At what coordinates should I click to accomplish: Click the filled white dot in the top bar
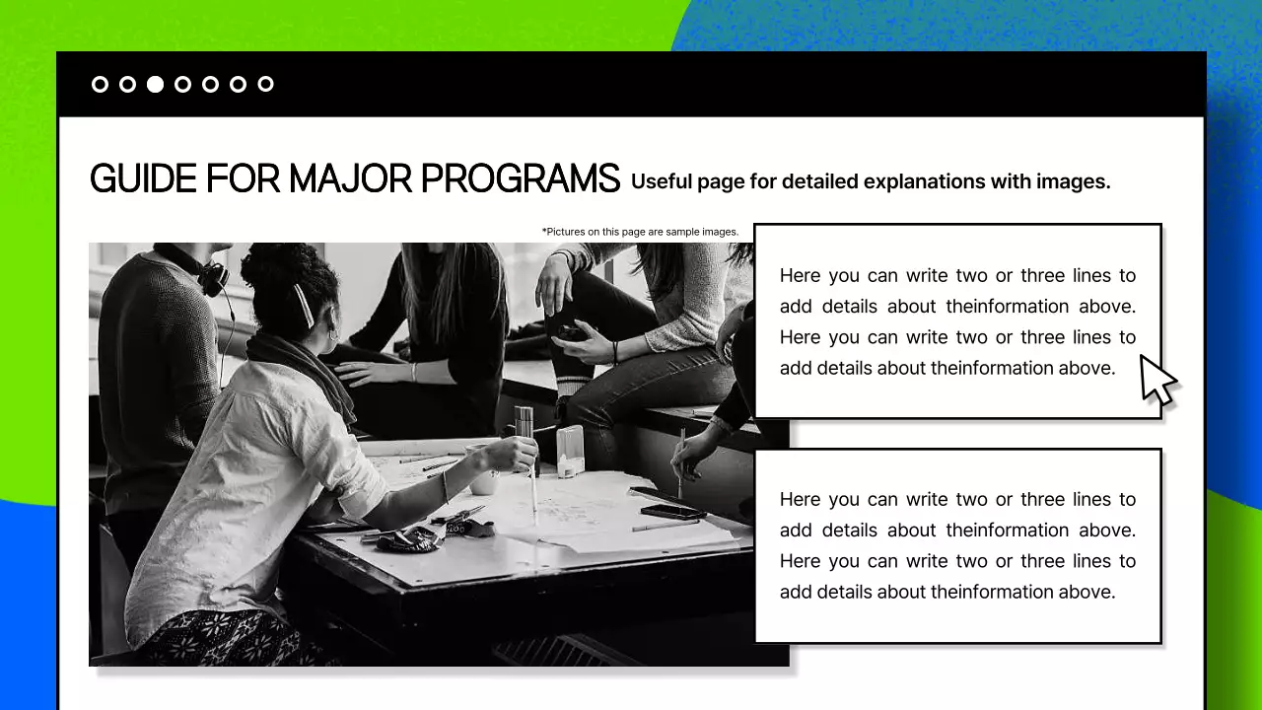155,84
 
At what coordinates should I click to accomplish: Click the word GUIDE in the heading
143,179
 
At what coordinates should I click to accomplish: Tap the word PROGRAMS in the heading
520,179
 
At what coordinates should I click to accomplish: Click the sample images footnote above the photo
640,232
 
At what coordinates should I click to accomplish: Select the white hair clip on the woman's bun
303,306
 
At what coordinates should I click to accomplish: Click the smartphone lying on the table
670,511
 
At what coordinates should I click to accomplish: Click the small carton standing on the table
570,452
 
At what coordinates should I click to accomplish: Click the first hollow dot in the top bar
100,84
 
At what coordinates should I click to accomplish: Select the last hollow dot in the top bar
265,84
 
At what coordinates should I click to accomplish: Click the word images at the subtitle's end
1073,182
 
